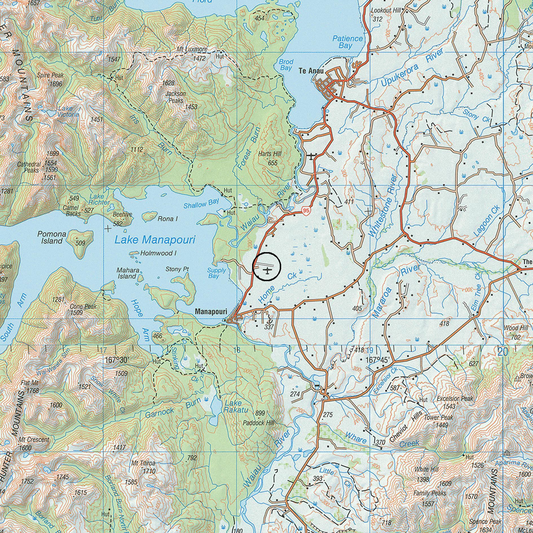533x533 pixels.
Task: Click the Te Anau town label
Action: click(311, 71)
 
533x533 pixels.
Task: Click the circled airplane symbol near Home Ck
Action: click(267, 271)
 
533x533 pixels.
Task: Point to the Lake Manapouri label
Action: click(155, 240)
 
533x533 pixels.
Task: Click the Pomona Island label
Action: click(52, 237)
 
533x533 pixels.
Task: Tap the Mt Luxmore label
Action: click(192, 49)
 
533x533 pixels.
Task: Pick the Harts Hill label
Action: click(270, 154)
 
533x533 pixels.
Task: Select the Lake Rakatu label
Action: click(233, 406)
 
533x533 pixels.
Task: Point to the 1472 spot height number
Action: click(199, 58)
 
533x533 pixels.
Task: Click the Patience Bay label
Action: click(347, 42)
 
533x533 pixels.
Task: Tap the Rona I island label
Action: click(167, 219)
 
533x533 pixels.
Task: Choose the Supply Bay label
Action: click(216, 273)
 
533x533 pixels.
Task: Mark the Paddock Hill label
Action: click(258, 423)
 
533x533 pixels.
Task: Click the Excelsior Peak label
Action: click(455, 399)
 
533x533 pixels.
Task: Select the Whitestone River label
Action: click(383, 206)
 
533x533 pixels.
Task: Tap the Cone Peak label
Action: click(83, 307)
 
